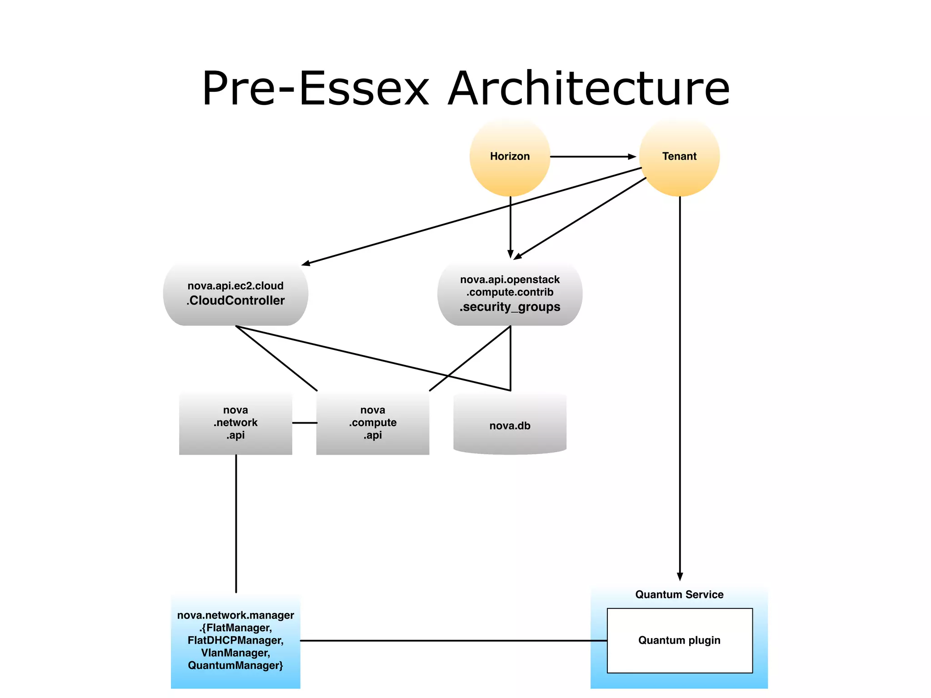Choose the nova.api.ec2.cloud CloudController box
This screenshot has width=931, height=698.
coord(235,294)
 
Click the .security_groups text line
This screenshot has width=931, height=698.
coord(510,307)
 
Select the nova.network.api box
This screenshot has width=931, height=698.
coord(235,423)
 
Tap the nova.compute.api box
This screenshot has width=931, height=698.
coord(373,423)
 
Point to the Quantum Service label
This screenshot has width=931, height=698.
coord(679,594)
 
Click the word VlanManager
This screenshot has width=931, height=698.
coord(235,653)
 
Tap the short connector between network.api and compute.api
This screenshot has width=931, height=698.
coord(304,423)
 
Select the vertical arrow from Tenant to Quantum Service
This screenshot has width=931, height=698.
coord(680,386)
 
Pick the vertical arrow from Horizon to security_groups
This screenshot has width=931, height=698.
coord(510,227)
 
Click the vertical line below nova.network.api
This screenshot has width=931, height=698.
coord(236,523)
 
